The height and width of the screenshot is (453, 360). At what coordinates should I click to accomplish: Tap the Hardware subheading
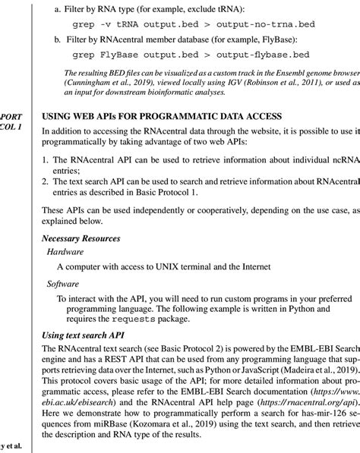coord(67,250)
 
